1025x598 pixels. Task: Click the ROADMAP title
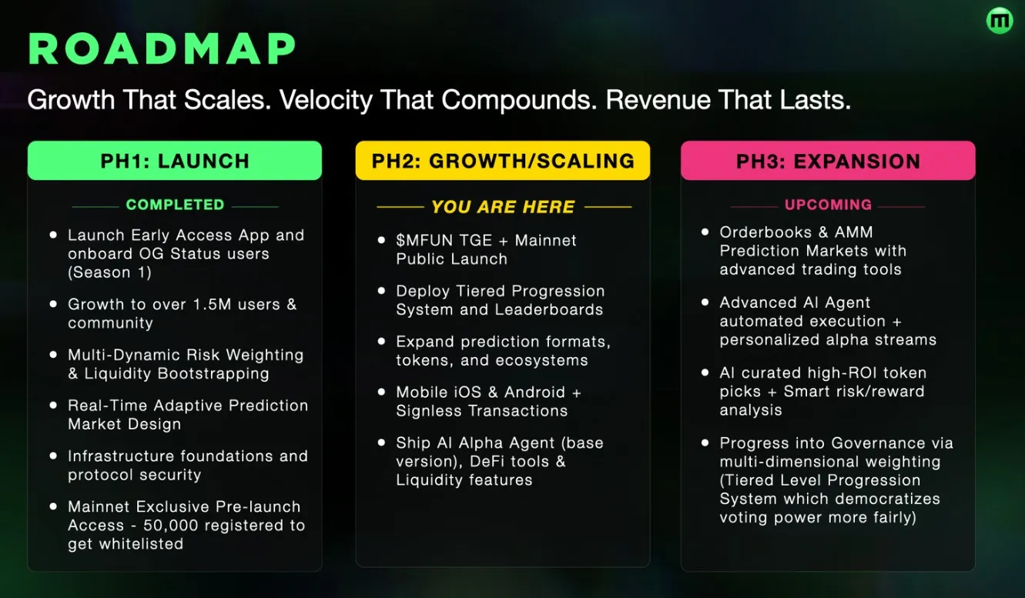162,51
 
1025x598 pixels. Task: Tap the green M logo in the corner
1000,21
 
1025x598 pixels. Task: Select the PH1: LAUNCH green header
175,161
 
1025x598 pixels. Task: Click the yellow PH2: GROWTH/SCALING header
503,161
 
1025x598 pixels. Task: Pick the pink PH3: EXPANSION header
828,161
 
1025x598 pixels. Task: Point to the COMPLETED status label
175,205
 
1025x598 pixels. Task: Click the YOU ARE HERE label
503,207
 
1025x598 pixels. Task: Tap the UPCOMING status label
828,205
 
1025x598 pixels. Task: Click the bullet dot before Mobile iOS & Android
381,393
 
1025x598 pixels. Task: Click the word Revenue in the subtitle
668,101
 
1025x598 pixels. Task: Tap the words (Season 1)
109,272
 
